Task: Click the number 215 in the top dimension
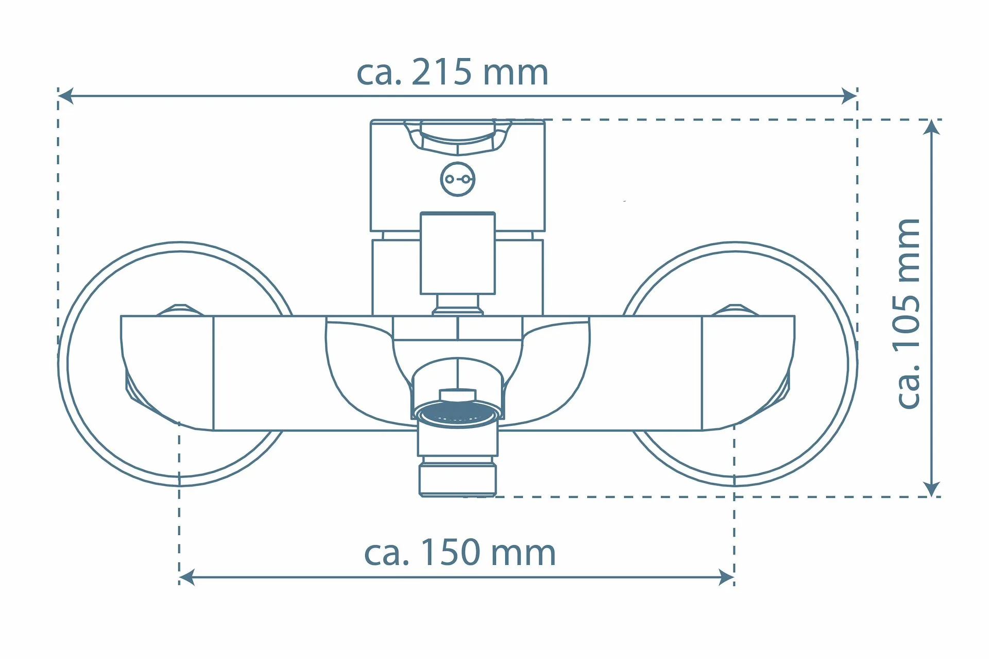click(441, 73)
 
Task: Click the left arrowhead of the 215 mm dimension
click(65, 96)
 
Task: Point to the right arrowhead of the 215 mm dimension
click(849, 96)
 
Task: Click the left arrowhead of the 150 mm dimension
click(186, 577)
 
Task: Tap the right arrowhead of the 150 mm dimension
click(726, 577)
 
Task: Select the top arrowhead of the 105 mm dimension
click(932, 127)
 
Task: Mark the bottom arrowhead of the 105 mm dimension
click(932, 489)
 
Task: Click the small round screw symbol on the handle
click(457, 179)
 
